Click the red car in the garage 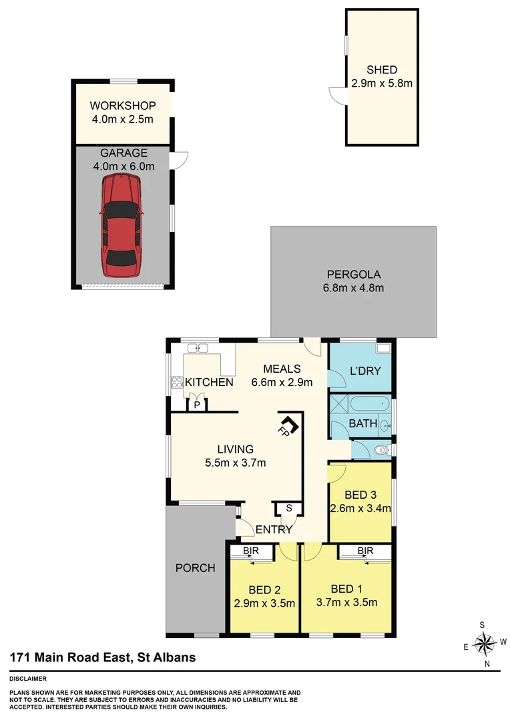[x=121, y=225]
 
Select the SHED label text [x=381, y=70]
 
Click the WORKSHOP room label [x=123, y=106]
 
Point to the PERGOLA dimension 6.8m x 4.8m [x=352, y=288]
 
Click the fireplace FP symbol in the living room [x=288, y=425]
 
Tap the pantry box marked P [x=198, y=405]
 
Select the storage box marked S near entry [x=289, y=508]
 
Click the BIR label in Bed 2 [x=251, y=551]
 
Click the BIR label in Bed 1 [x=364, y=551]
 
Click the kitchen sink [x=198, y=348]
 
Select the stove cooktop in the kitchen [x=178, y=382]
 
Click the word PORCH [x=195, y=568]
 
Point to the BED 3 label [x=360, y=495]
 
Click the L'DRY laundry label [x=365, y=370]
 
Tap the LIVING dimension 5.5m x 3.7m [x=234, y=463]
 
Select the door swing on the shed [x=337, y=96]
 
